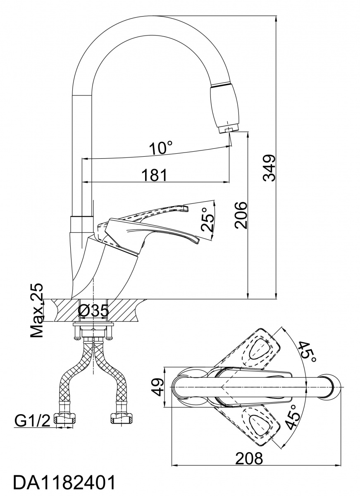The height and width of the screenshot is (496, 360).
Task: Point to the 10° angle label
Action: tap(161, 148)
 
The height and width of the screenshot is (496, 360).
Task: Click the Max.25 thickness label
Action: tap(38, 310)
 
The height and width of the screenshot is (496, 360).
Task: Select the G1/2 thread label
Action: tap(32, 421)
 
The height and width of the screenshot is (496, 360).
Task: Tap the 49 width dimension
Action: tap(156, 387)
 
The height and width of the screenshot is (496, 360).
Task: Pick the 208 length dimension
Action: tap(249, 458)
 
